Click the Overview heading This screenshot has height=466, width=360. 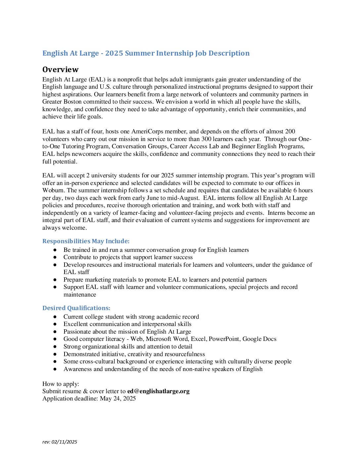tap(60, 70)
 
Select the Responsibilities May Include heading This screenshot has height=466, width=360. tap(86, 241)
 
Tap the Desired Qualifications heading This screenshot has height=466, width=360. tap(76, 308)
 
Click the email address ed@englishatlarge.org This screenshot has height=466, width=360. tap(158, 391)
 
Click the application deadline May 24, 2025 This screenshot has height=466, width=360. tap(118, 398)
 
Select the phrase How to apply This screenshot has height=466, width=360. tap(61, 384)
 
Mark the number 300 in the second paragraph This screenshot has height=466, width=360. tap(206, 139)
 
